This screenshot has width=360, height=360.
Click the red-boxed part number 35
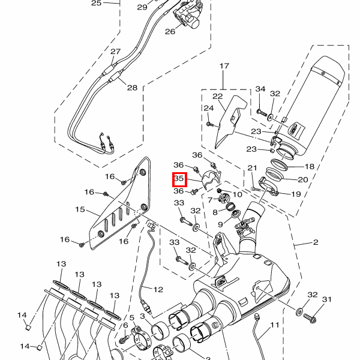click(x=179, y=179)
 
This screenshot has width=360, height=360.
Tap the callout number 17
click(x=224, y=66)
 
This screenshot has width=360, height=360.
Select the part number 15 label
click(x=80, y=209)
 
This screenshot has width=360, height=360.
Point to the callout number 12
click(x=158, y=290)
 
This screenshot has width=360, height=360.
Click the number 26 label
click(x=170, y=31)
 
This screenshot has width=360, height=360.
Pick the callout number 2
click(x=316, y=242)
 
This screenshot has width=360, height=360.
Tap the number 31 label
click(x=327, y=299)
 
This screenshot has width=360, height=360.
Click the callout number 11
click(x=275, y=325)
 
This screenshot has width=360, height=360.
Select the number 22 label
click(x=218, y=97)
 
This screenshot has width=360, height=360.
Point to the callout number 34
click(x=260, y=89)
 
